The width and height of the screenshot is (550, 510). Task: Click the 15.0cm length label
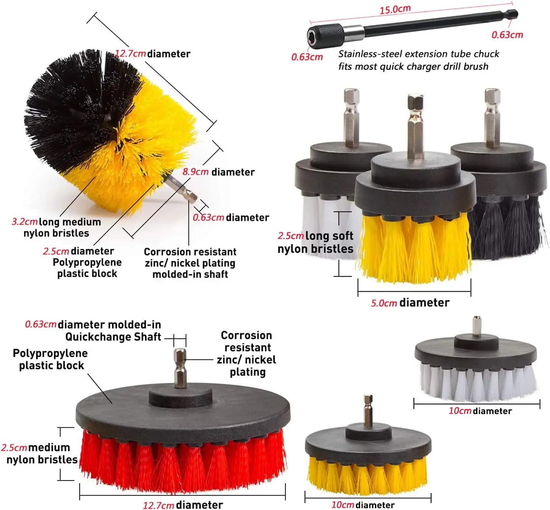(395, 10)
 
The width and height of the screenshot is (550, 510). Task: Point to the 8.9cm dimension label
(195, 172)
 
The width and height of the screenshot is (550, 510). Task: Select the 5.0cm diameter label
(384, 303)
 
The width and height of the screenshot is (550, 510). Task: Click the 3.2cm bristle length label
(24, 222)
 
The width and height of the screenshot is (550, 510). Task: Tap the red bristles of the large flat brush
(183, 460)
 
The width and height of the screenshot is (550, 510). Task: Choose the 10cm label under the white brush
(460, 410)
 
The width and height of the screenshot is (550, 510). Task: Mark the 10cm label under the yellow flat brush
(343, 505)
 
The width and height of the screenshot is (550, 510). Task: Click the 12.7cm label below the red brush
(158, 505)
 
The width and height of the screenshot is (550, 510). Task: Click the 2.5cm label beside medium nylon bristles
(14, 448)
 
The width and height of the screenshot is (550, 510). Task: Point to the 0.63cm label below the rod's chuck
(307, 57)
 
